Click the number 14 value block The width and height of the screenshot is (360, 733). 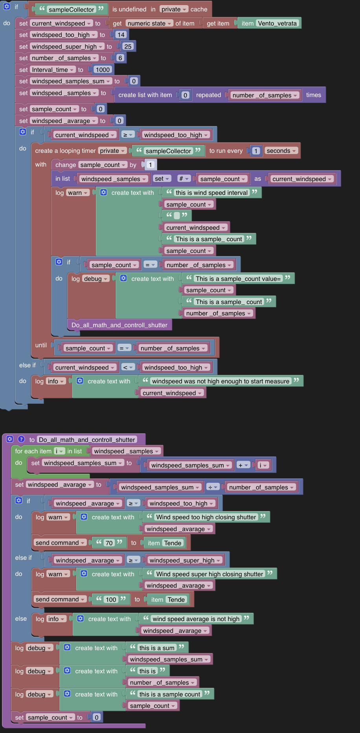pyautogui.click(x=121, y=35)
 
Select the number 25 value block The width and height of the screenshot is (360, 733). pyautogui.click(x=128, y=46)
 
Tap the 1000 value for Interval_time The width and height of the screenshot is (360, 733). pyautogui.click(x=103, y=70)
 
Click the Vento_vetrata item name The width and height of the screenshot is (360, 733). pyautogui.click(x=277, y=23)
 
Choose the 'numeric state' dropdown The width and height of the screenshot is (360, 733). pyautogui.click(x=149, y=23)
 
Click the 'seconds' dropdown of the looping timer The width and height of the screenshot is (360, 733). pyautogui.click(x=281, y=151)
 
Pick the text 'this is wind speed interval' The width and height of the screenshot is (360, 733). pyautogui.click(x=212, y=192)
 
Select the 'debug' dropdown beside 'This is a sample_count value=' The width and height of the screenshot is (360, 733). pyautogui.click(x=96, y=279)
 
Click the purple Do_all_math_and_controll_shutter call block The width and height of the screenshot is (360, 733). pyautogui.click(x=119, y=325)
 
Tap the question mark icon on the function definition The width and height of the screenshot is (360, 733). pyautogui.click(x=21, y=439)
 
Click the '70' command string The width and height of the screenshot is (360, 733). pyautogui.click(x=109, y=543)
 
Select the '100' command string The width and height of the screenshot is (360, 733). pyautogui.click(x=111, y=599)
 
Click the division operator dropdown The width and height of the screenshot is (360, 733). pyautogui.click(x=213, y=487)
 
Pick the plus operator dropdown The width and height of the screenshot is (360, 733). pyautogui.click(x=243, y=465)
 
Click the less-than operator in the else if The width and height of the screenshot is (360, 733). pyautogui.click(x=127, y=367)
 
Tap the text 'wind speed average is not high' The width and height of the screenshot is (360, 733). pyautogui.click(x=196, y=619)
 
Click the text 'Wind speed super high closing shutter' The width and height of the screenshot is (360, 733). pyautogui.click(x=209, y=574)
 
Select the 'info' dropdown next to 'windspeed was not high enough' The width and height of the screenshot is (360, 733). pyautogui.click(x=55, y=381)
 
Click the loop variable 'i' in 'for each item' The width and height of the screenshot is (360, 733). pyautogui.click(x=59, y=451)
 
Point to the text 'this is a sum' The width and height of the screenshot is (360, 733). pyautogui.click(x=156, y=648)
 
